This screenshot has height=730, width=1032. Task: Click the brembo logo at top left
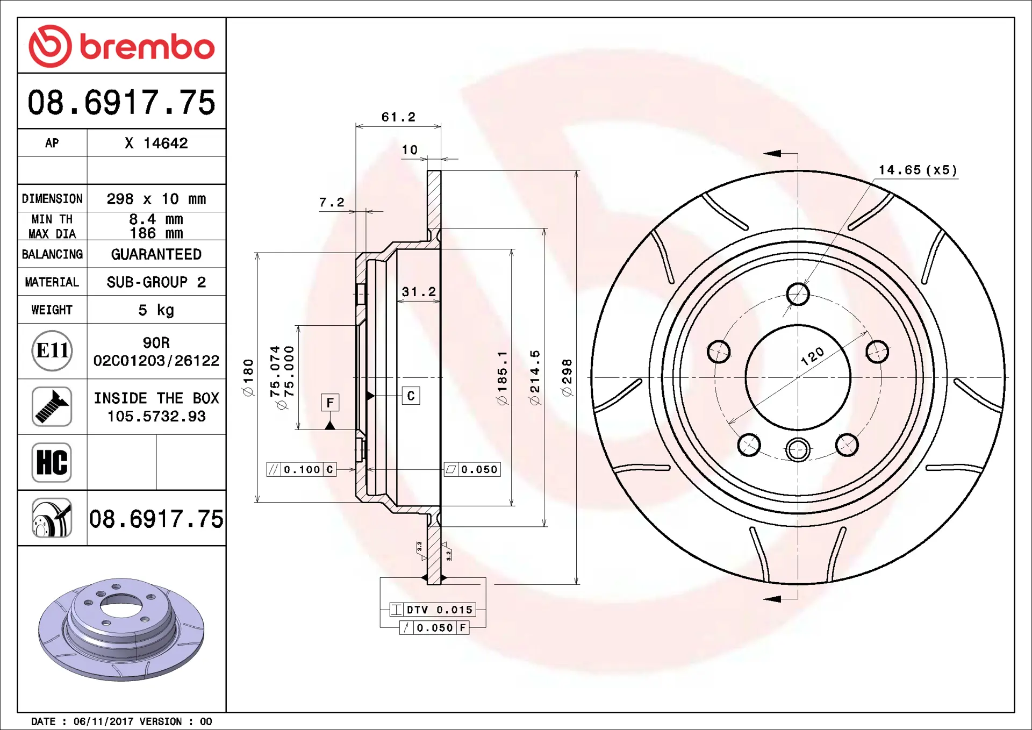121,46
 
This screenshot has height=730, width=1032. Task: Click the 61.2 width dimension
398,117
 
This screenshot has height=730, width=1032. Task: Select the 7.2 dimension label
331,203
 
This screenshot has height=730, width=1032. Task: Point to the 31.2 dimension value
419,292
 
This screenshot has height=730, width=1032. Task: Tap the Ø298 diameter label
567,378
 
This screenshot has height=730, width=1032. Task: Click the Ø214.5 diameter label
534,377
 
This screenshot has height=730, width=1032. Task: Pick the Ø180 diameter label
248,378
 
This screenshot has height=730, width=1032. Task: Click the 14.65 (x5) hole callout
918,170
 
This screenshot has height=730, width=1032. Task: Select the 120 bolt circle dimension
812,356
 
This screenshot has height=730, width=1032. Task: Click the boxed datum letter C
411,396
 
